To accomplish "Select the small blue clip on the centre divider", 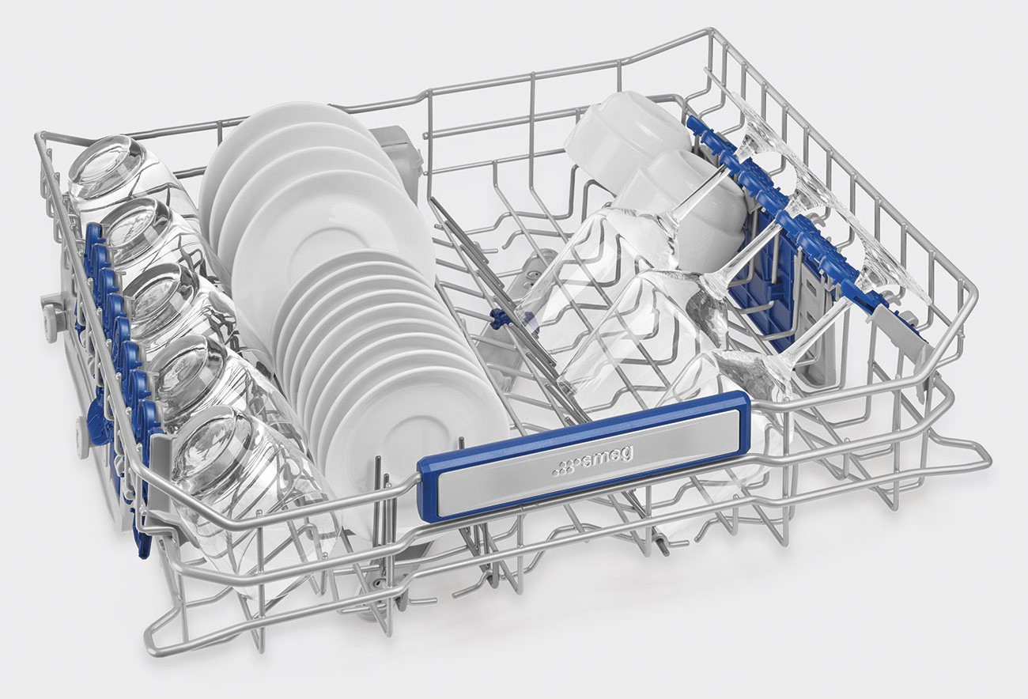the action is [496, 318].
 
